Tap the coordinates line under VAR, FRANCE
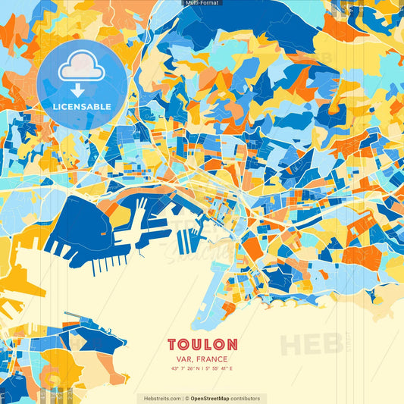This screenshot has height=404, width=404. tap(202, 368)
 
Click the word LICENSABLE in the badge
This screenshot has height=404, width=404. tap(82, 105)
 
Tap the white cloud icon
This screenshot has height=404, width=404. tap(82, 67)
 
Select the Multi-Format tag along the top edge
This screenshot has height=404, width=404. tap(202, 3)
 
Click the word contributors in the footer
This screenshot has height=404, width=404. tap(246, 399)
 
